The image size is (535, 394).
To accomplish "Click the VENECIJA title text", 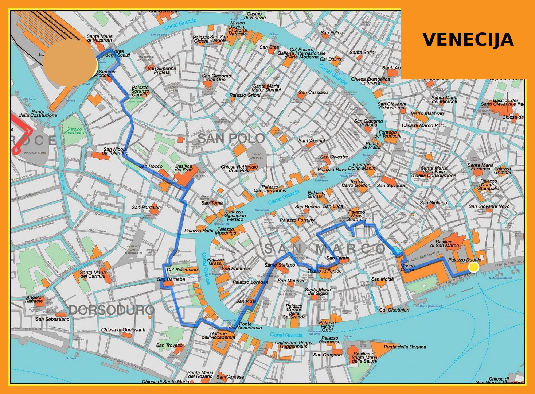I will (468, 39).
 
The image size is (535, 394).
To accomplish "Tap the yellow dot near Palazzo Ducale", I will (473, 267).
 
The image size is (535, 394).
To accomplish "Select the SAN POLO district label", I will (231, 138).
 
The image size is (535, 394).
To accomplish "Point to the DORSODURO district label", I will (112, 310).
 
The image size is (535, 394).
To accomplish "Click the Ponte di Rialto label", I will (372, 145).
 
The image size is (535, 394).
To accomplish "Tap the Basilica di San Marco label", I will (447, 243).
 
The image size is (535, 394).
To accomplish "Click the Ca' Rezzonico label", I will (182, 270).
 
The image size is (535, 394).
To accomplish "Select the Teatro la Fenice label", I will (325, 271).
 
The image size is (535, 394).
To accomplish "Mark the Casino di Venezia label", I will (255, 16).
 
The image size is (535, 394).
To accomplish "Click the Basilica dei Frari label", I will (184, 168).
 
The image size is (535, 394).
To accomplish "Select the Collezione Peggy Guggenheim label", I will (293, 344).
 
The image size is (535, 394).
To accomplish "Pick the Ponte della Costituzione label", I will (38, 113).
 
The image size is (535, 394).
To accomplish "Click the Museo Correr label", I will (407, 267).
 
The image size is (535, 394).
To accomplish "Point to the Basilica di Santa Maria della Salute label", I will (364, 357).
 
